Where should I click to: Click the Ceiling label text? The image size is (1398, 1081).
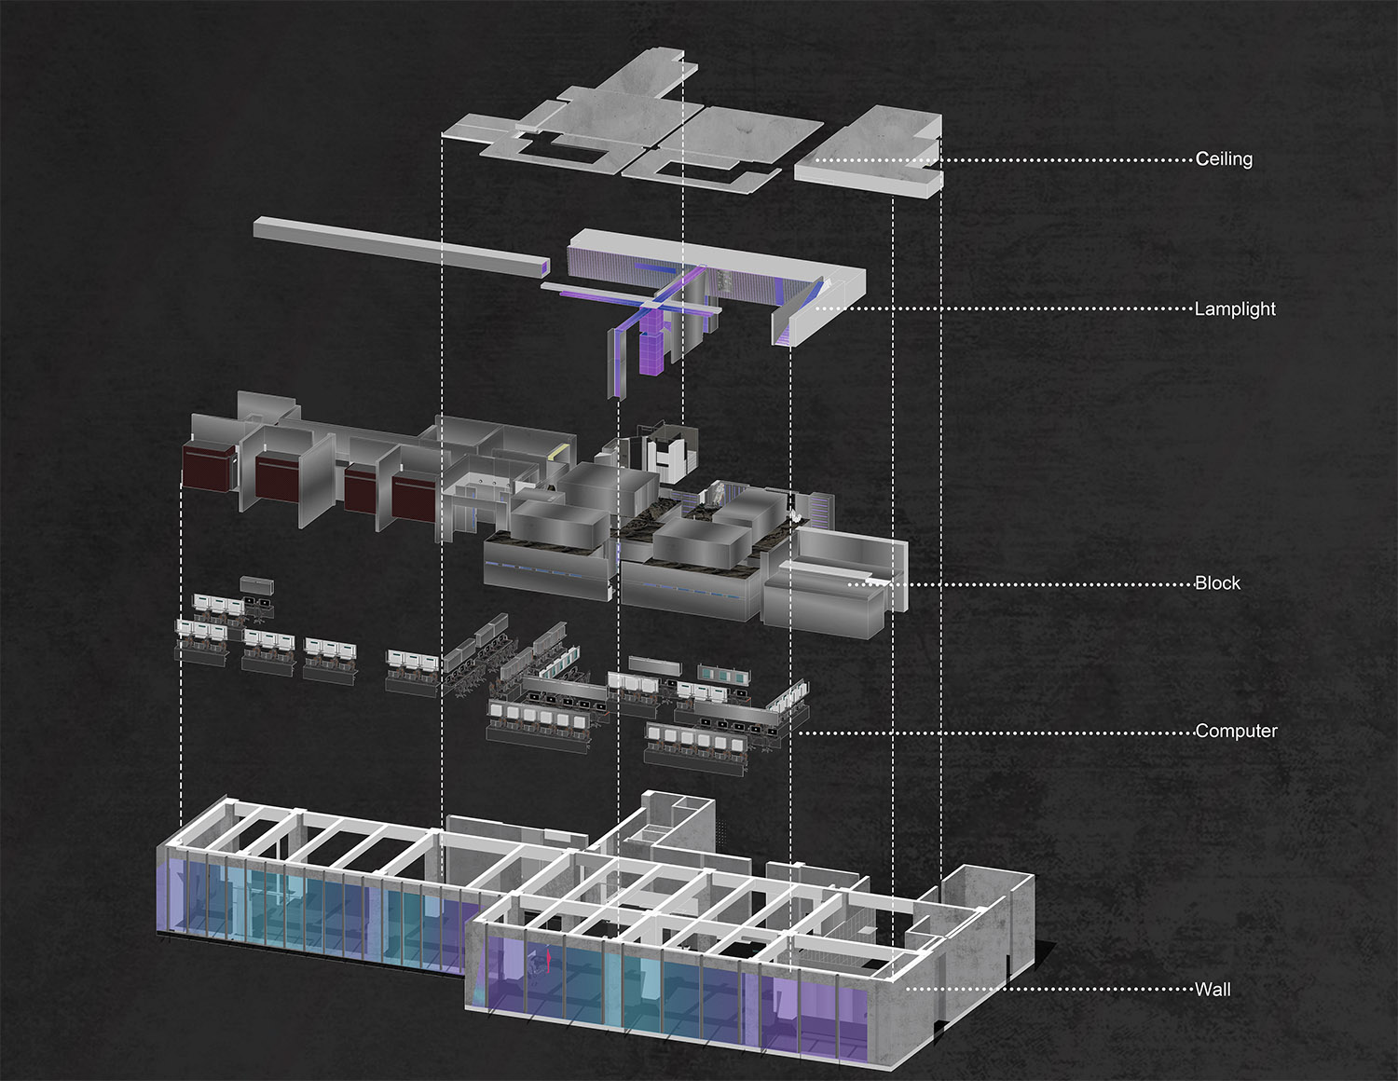(x=1224, y=158)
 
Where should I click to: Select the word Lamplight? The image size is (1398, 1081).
(x=1235, y=308)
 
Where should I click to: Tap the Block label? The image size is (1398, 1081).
(x=1217, y=582)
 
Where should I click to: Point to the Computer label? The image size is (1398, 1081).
(x=1236, y=731)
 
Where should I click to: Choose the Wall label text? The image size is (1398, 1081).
(x=1213, y=989)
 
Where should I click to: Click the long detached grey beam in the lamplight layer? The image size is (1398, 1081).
(x=402, y=247)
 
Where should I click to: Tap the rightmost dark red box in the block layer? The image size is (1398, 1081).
(x=414, y=499)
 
